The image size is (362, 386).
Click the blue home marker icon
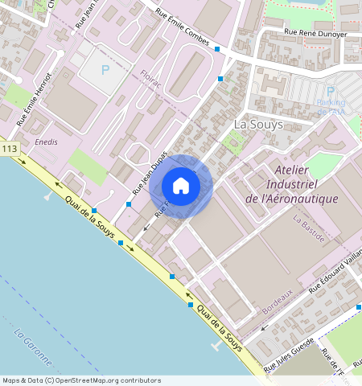pos(181,186)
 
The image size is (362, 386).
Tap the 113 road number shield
pos(10,150)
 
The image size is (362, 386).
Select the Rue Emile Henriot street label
pos(35,99)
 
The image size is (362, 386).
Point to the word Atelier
pos(297,170)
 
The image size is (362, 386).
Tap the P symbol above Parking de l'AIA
pos(331,92)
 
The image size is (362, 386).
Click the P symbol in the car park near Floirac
pos(105,70)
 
